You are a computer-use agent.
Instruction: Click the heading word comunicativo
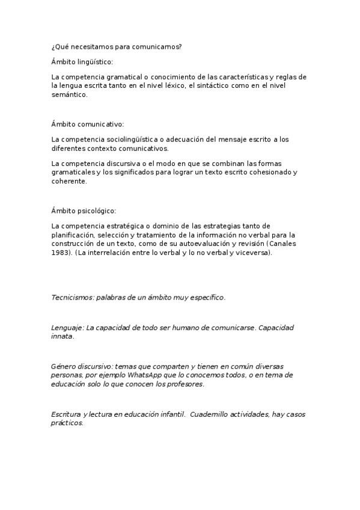(100, 124)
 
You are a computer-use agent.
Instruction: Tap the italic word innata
(63, 337)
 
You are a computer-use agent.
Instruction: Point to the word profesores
(185, 384)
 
